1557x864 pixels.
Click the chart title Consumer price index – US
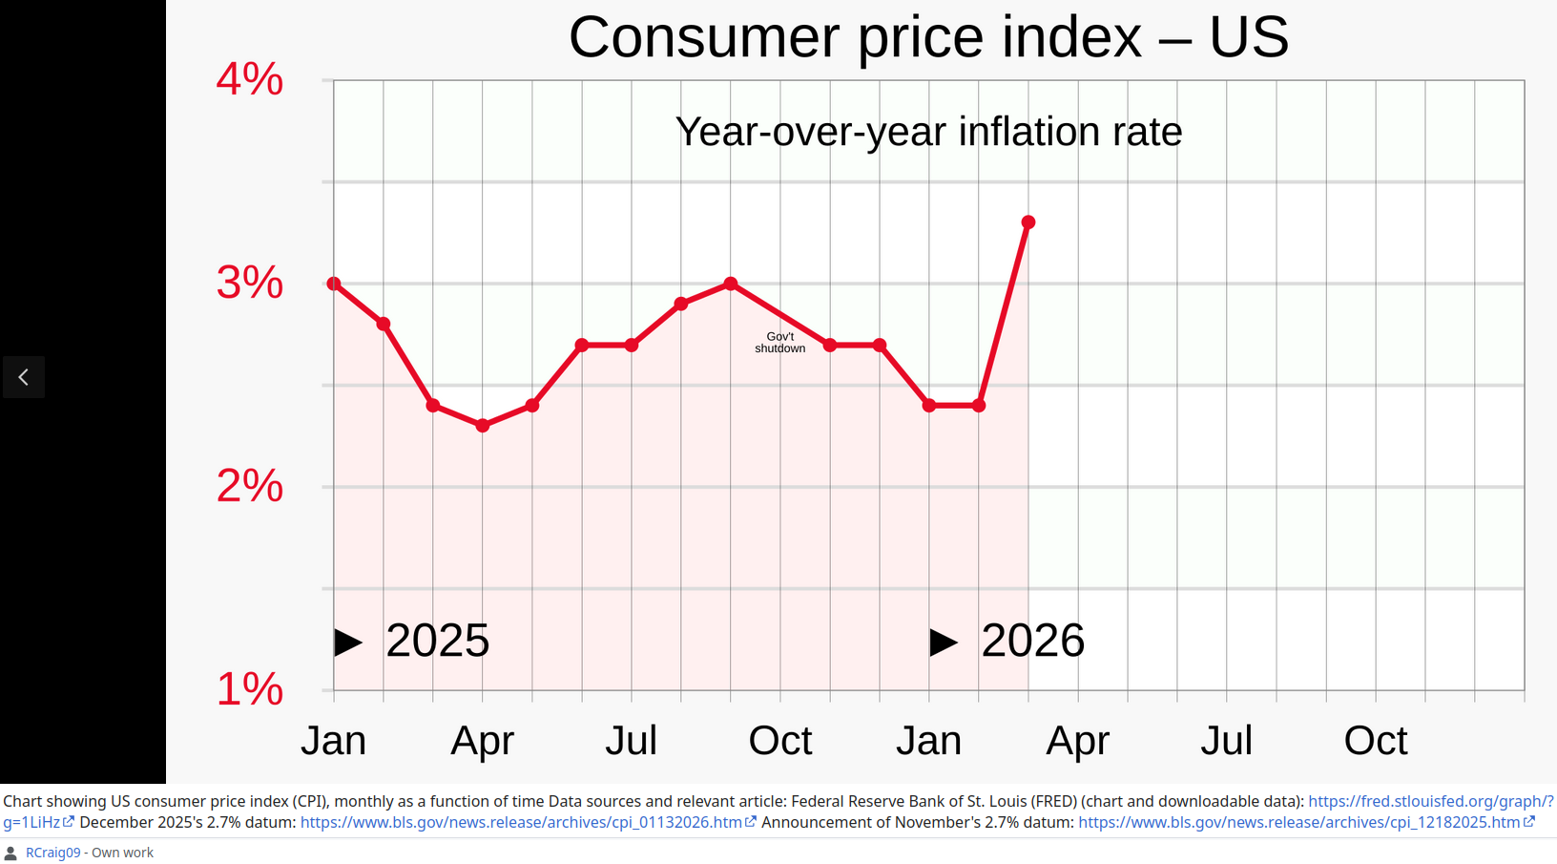point(928,37)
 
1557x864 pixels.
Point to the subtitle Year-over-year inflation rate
point(928,132)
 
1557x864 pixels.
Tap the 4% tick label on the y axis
point(250,79)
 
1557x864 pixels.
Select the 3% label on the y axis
point(250,284)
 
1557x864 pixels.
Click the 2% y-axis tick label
point(250,486)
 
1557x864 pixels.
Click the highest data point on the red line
point(1028,222)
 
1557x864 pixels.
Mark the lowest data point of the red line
point(483,425)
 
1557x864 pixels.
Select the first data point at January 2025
point(334,284)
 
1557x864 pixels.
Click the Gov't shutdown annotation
point(779,343)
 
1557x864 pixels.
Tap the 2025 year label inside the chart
point(438,641)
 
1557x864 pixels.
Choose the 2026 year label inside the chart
point(1033,641)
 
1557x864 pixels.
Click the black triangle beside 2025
point(347,643)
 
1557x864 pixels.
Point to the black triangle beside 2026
point(944,643)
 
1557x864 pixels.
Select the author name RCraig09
point(52,853)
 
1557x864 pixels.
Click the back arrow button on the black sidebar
point(24,377)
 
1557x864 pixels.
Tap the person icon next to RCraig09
point(10,853)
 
